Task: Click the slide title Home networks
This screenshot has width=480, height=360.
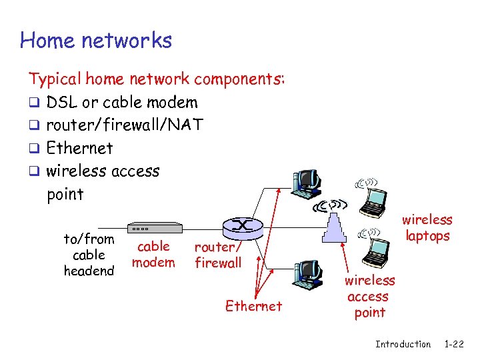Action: (x=96, y=41)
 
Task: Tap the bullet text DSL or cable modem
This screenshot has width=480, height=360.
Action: (x=122, y=103)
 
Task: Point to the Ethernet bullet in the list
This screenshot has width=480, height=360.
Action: (x=79, y=148)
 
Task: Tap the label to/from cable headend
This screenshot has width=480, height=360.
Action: (x=89, y=255)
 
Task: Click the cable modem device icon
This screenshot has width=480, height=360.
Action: (x=153, y=227)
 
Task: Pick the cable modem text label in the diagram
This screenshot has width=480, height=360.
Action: (x=153, y=254)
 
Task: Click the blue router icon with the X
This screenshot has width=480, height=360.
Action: (x=241, y=227)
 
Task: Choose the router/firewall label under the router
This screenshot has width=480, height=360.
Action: (x=217, y=255)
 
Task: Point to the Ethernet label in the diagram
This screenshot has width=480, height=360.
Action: (x=253, y=306)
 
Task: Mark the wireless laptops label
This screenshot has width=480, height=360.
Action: (x=427, y=227)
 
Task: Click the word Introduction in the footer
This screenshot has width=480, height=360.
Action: (x=403, y=344)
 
